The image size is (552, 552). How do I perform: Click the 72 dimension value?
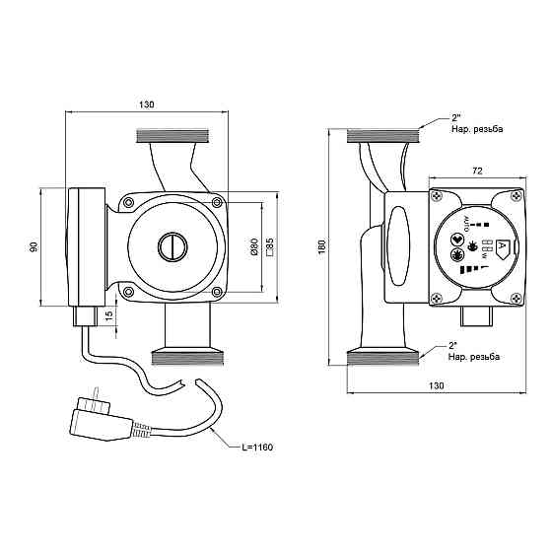pos(477,171)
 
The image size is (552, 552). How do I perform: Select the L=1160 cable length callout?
pos(257,448)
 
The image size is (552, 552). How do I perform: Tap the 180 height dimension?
pos(322,246)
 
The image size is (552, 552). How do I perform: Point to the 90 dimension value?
pos(34,246)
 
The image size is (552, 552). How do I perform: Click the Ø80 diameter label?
pos(254,246)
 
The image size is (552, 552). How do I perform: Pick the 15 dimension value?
pos(109,314)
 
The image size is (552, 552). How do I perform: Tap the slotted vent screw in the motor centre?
pos(172,246)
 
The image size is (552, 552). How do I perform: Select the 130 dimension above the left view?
pos(147,104)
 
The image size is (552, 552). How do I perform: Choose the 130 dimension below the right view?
pos(436,385)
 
